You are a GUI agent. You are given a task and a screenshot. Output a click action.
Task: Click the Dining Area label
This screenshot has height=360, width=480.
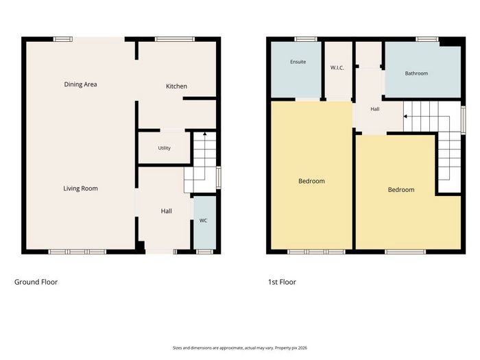80,84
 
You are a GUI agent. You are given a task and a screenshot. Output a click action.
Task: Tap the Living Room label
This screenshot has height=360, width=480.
80,189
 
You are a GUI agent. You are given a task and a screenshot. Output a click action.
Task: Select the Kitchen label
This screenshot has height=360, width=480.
176,86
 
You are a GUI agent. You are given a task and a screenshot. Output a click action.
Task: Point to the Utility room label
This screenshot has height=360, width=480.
164,148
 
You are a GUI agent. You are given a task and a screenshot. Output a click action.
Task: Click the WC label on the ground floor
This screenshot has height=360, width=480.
203,220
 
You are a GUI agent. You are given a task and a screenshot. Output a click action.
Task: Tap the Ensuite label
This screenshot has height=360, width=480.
298,62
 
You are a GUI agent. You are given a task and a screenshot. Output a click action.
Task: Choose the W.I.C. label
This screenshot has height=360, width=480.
337,68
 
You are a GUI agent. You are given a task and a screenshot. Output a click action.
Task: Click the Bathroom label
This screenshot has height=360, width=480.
416,73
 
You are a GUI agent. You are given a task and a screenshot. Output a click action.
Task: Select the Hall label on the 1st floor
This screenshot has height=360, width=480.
375,109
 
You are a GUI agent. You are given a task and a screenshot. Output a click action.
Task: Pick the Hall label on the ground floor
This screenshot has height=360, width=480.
166,211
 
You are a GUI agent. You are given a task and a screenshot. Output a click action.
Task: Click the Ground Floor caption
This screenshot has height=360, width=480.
36,282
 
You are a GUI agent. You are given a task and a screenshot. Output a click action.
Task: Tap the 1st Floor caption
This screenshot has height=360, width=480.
282,282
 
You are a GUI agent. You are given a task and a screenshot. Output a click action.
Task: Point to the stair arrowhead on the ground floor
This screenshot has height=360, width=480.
204,134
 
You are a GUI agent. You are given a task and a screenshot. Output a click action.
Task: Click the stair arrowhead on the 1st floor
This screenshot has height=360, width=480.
405,117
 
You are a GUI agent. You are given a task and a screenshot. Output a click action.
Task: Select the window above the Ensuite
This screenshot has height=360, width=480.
306,39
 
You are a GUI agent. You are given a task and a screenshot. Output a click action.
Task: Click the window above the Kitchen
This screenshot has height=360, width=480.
174,39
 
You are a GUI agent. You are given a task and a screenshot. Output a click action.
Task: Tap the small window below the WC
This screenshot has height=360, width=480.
204,252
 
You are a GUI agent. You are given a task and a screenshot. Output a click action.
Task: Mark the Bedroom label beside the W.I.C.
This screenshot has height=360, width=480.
311,181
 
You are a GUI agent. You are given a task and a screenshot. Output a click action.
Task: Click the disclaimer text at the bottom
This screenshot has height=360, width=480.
240,348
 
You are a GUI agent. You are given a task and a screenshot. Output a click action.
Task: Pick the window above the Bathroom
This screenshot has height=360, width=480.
427,39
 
